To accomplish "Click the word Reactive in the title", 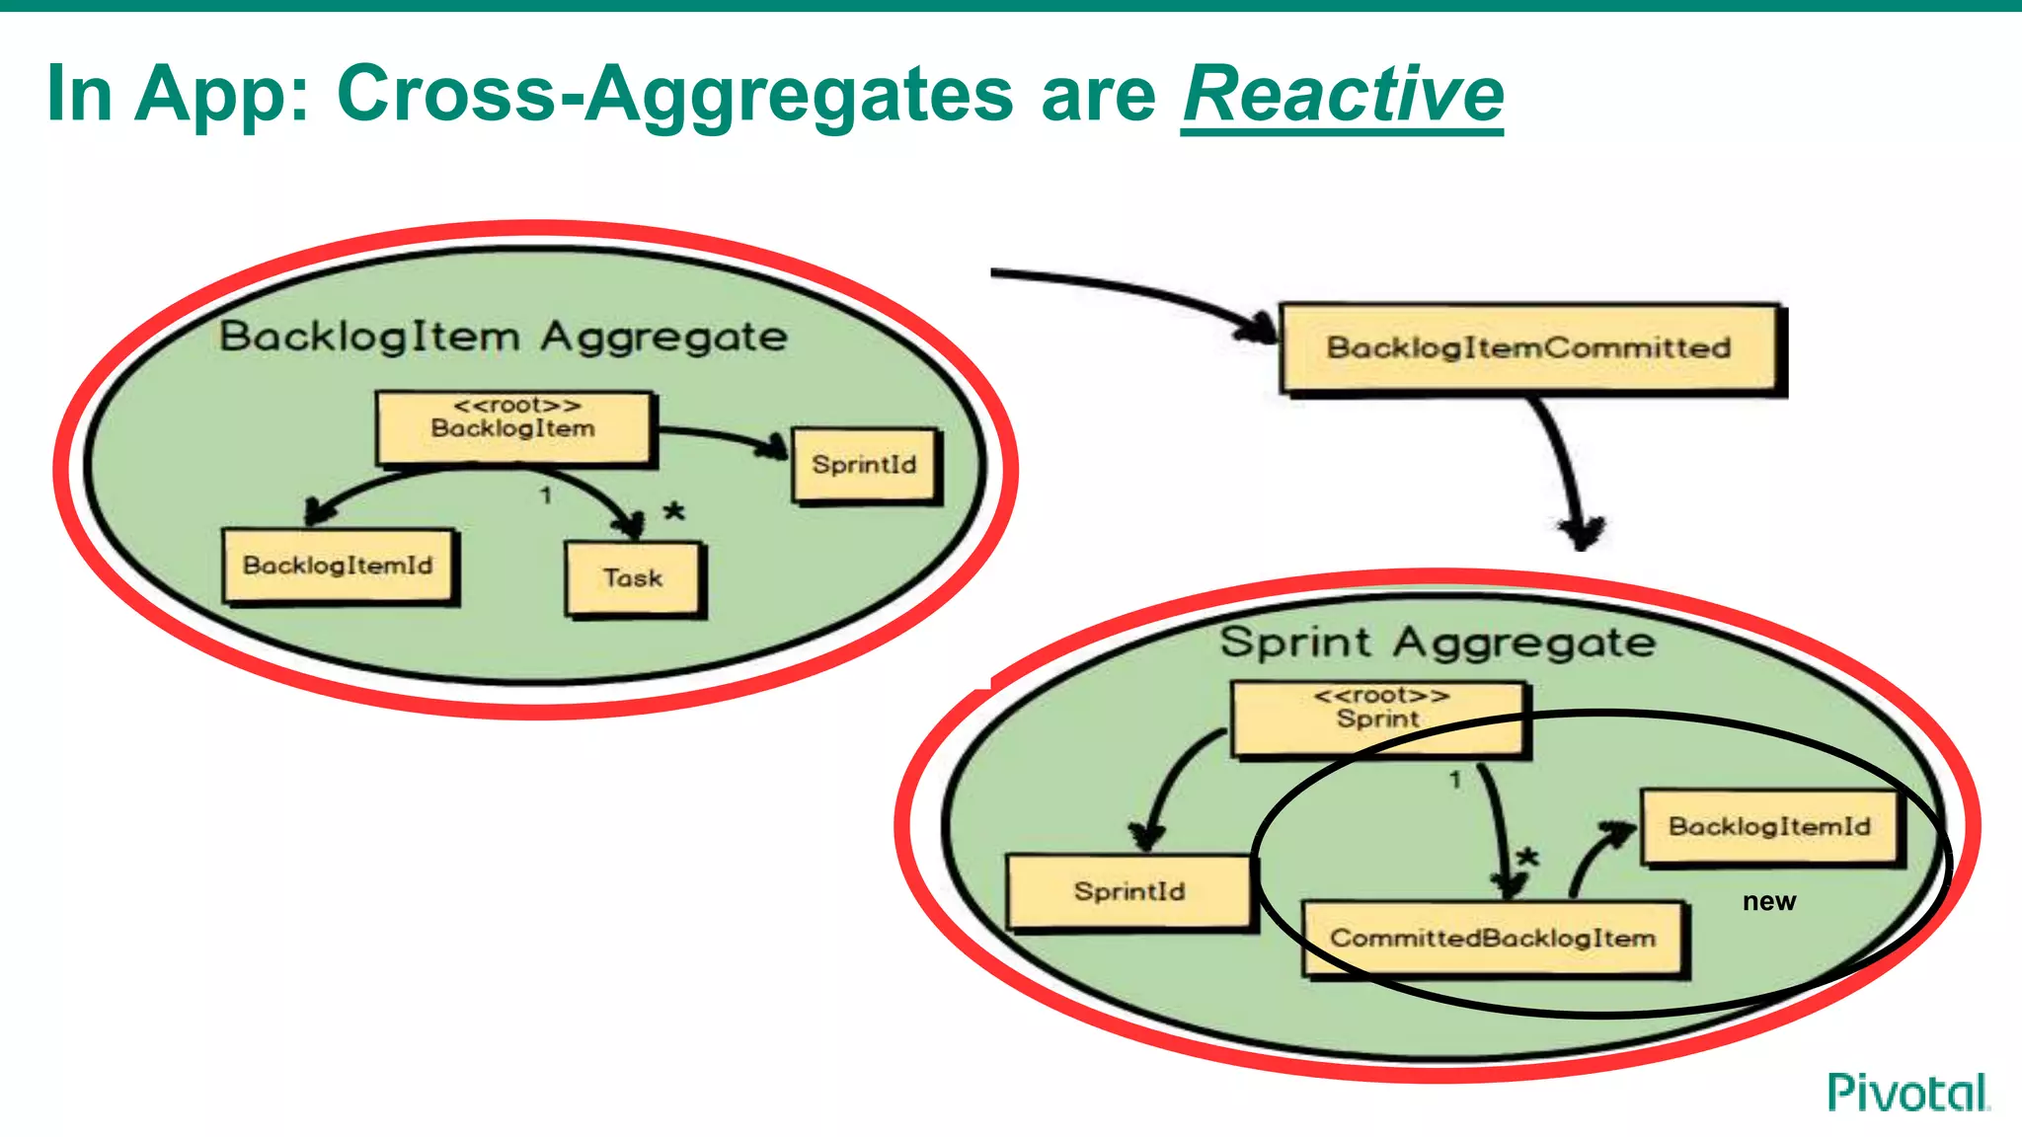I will pos(1342,94).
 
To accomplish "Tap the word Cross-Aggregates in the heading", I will pos(674,94).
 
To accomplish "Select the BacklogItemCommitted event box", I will pos(1529,348).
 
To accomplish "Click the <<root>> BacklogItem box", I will pos(513,426).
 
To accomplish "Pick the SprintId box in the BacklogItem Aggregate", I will pos(865,465).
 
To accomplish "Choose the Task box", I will pos(633,578).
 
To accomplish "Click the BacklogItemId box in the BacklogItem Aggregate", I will pos(339,566).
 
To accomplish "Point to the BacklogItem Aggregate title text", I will pos(504,337).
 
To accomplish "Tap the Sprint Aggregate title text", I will pos(1438,643).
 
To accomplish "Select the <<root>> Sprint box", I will pos(1379,717).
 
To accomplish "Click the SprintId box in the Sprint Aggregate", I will pos(1129,891).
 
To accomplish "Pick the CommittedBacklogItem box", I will pos(1493,938).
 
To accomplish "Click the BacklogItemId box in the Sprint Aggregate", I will pos(1769,827).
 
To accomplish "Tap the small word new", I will pos(1769,901).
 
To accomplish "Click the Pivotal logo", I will pos(1908,1093).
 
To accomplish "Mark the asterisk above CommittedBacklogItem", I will pos(1528,857).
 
